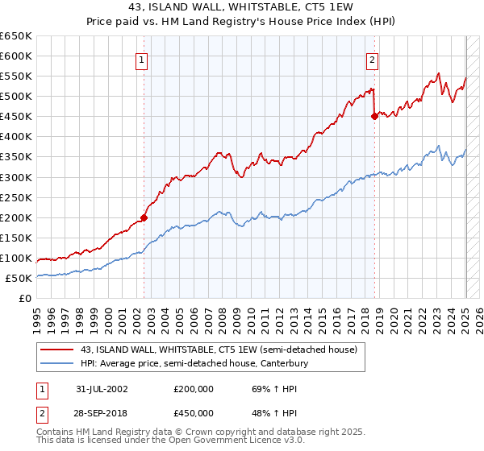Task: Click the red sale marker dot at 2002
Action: [x=144, y=217]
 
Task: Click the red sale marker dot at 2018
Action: [x=374, y=116]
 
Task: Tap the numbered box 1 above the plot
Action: [x=141, y=59]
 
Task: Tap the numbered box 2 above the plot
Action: [x=372, y=59]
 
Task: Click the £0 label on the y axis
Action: [x=25, y=299]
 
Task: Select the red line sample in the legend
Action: [x=57, y=350]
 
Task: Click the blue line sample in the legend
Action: [x=57, y=364]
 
